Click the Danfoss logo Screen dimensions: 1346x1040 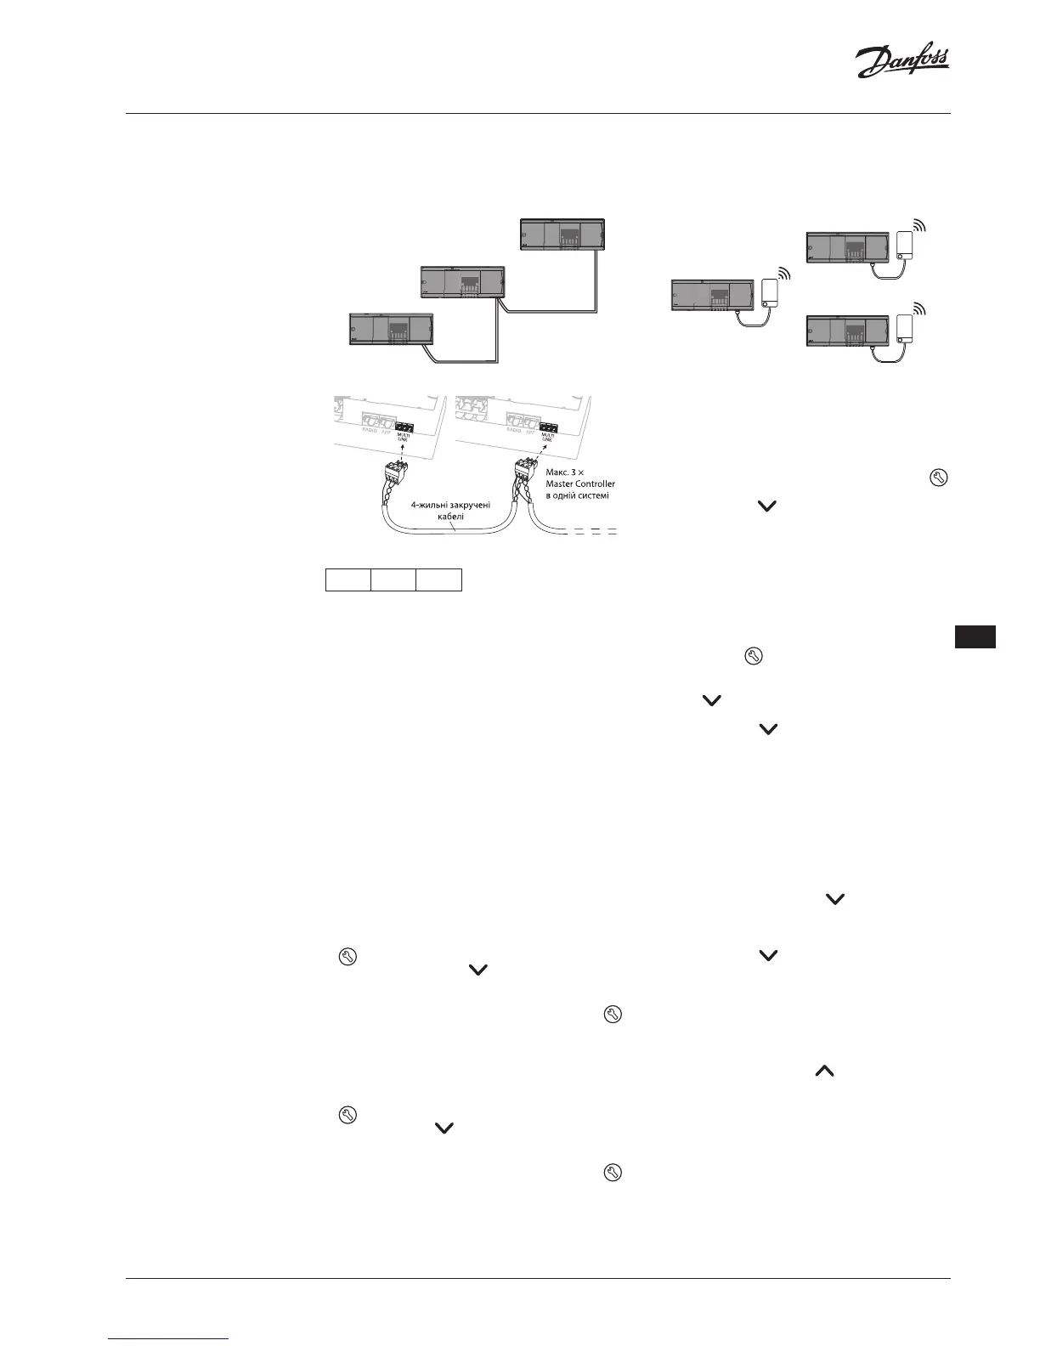point(902,62)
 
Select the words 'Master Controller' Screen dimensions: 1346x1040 point(580,484)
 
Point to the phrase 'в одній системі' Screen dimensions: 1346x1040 point(577,495)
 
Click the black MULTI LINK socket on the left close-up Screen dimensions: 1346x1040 point(404,427)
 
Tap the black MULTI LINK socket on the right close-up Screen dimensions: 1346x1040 point(548,427)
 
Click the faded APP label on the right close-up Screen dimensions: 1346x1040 point(530,431)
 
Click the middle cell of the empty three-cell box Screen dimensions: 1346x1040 point(393,580)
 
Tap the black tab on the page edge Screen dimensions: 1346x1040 point(975,637)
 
